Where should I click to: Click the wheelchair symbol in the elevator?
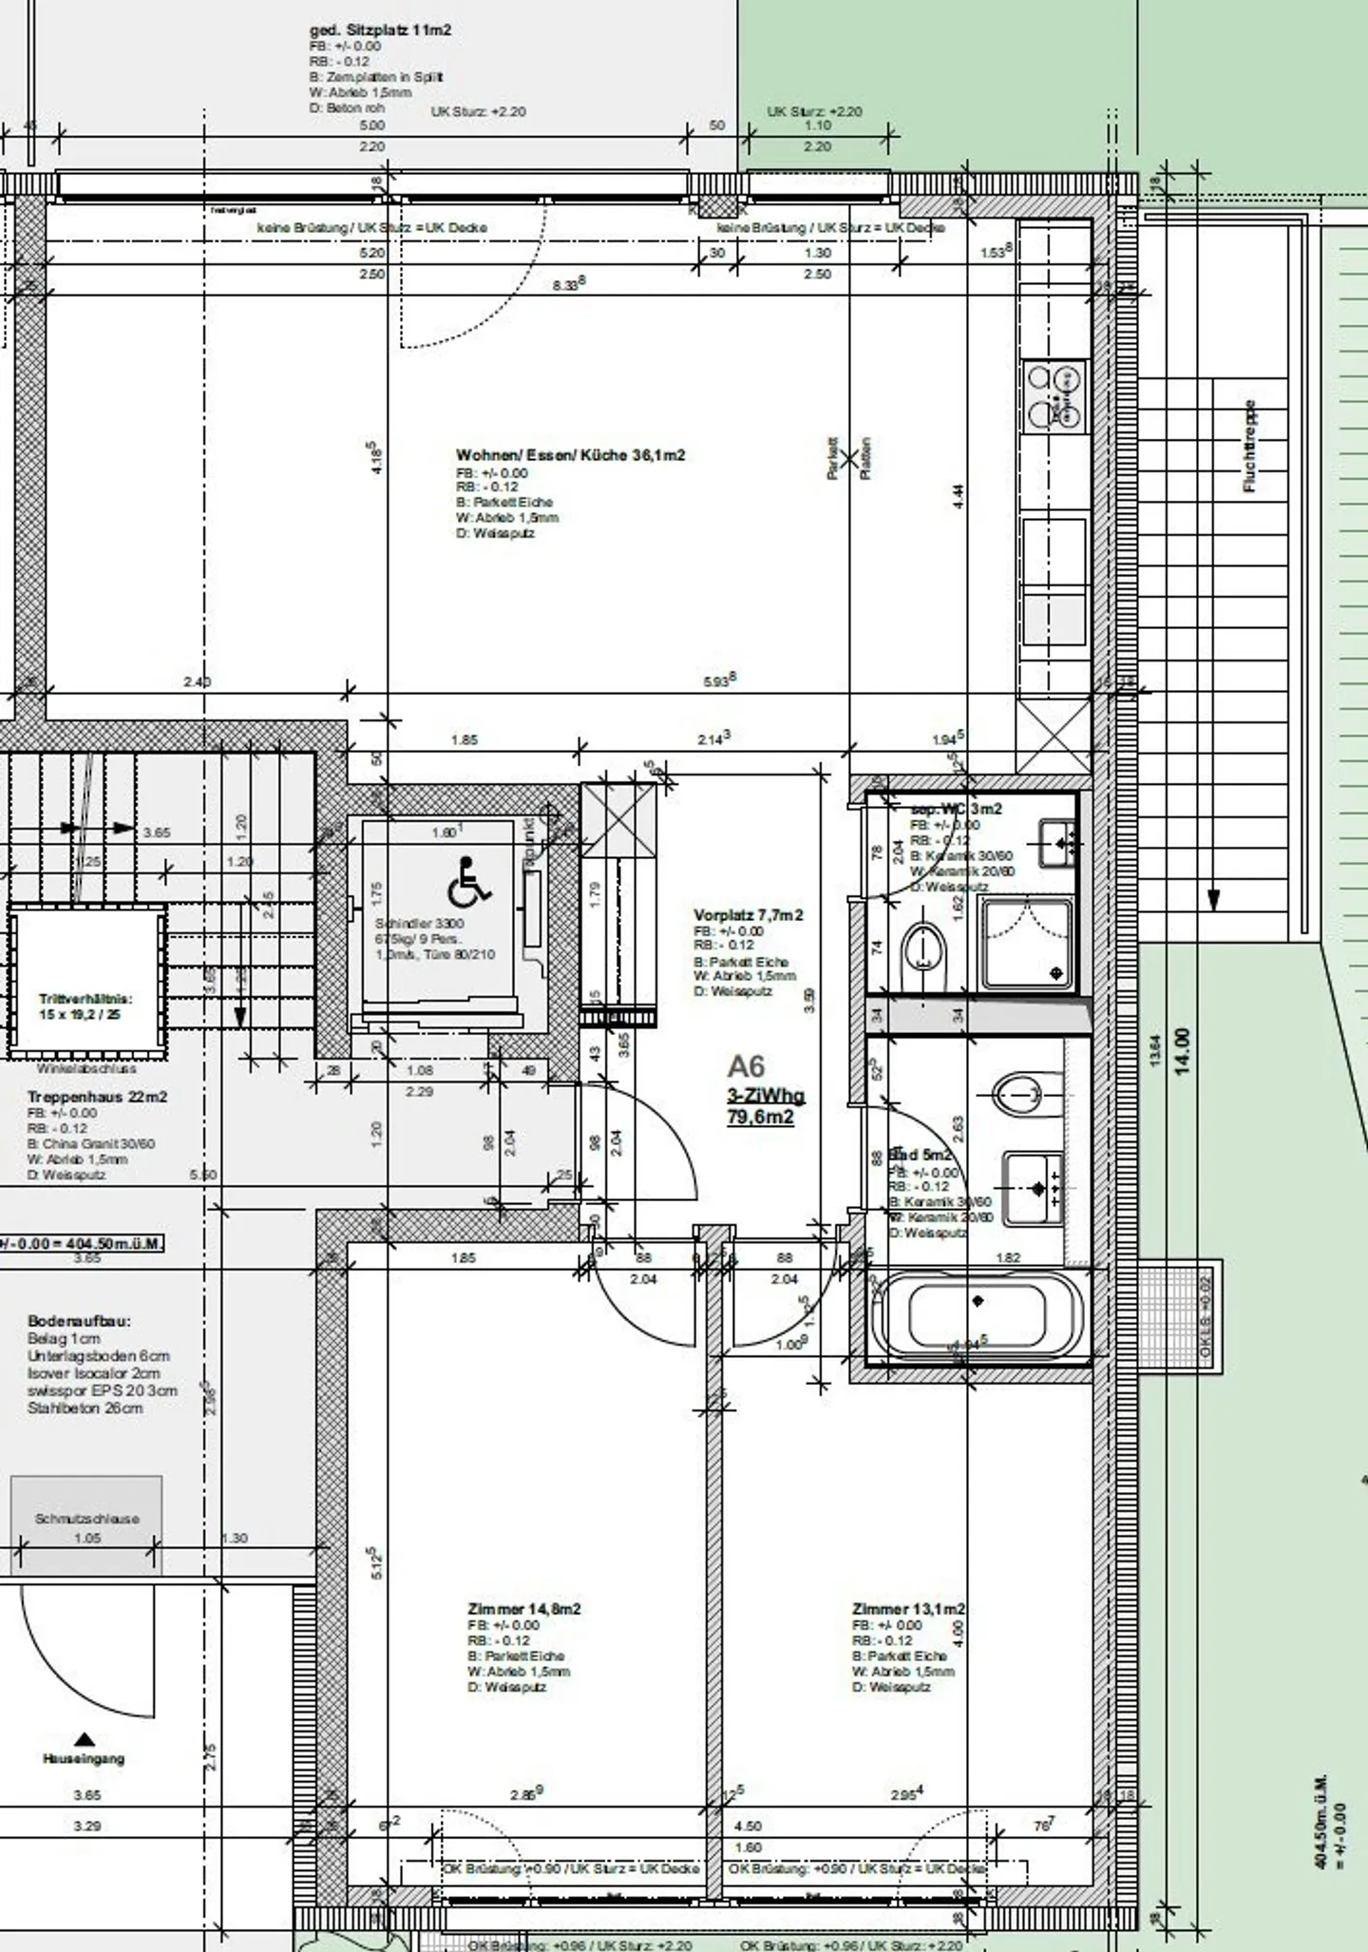[x=468, y=880]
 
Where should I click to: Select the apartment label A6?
[x=747, y=1065]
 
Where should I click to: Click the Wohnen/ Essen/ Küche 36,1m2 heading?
[x=570, y=455]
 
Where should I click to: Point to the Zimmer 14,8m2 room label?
[x=523, y=1609]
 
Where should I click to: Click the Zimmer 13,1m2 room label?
[x=908, y=1609]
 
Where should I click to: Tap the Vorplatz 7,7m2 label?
[x=748, y=915]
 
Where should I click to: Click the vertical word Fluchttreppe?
[x=1249, y=446]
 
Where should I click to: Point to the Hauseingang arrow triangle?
[x=85, y=1740]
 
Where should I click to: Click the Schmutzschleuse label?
[x=87, y=1519]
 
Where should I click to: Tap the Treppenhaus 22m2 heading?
[x=97, y=1097]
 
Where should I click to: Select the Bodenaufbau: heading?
[x=80, y=1321]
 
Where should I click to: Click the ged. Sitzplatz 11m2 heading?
[x=380, y=30]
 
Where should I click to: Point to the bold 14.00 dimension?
[x=1183, y=1050]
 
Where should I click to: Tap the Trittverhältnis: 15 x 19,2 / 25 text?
[x=85, y=1006]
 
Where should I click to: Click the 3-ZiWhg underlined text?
[x=766, y=1096]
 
